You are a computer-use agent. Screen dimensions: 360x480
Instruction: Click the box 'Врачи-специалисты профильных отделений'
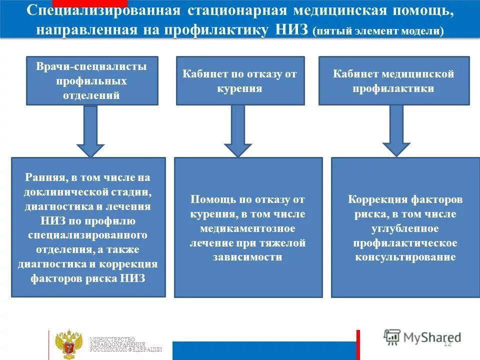pyautogui.click(x=92, y=80)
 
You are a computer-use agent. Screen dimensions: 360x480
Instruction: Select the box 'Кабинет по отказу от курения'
pyautogui.click(x=240, y=80)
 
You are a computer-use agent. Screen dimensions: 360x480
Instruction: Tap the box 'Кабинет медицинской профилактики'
pyautogui.click(x=394, y=80)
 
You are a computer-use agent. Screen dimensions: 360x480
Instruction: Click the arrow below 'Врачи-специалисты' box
pyautogui.click(x=90, y=131)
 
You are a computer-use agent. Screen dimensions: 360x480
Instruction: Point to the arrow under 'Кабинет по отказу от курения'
pyautogui.click(x=238, y=131)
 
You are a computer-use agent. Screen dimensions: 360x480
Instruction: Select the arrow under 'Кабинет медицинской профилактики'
pyautogui.click(x=396, y=131)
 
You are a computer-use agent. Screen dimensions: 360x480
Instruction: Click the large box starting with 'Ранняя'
pyautogui.click(x=88, y=227)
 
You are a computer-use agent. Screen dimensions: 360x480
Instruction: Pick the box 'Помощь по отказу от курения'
pyautogui.click(x=248, y=227)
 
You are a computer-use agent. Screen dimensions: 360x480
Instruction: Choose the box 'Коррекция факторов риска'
pyautogui.click(x=405, y=227)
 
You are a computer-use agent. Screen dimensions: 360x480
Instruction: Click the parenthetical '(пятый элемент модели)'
pyautogui.click(x=378, y=31)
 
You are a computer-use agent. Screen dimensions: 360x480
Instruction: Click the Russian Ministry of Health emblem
pyautogui.click(x=68, y=343)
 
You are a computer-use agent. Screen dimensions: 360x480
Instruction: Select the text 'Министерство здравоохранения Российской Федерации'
pyautogui.click(x=125, y=344)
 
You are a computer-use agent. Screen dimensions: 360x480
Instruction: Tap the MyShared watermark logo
pyautogui.click(x=422, y=337)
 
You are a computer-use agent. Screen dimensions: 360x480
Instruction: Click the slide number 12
pyautogui.click(x=447, y=343)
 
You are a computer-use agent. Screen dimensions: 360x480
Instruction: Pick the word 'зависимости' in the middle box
pyautogui.click(x=247, y=257)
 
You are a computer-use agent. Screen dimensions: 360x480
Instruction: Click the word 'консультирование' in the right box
pyautogui.click(x=405, y=257)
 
